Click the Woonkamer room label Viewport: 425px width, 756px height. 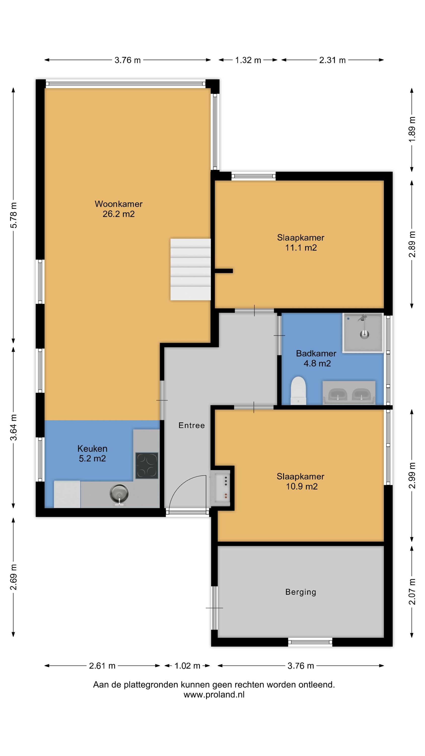pyautogui.click(x=119, y=209)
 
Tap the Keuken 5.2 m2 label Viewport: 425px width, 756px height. pyautogui.click(x=92, y=453)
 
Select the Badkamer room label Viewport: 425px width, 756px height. pyautogui.click(x=316, y=358)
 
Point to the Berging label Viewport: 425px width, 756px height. pyautogui.click(x=301, y=592)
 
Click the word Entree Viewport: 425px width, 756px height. pyautogui.click(x=192, y=425)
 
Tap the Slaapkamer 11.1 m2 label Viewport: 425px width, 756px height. pyautogui.click(x=301, y=242)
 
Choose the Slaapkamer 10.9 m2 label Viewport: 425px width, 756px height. pyautogui.click(x=301, y=481)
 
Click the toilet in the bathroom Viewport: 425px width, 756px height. pyautogui.click(x=298, y=391)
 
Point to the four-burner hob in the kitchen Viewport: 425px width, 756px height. pyautogui.click(x=147, y=465)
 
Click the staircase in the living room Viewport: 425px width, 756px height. pyautogui.click(x=191, y=269)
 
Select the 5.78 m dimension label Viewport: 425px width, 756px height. pyautogui.click(x=14, y=215)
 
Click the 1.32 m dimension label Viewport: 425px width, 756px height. pyautogui.click(x=248, y=60)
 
